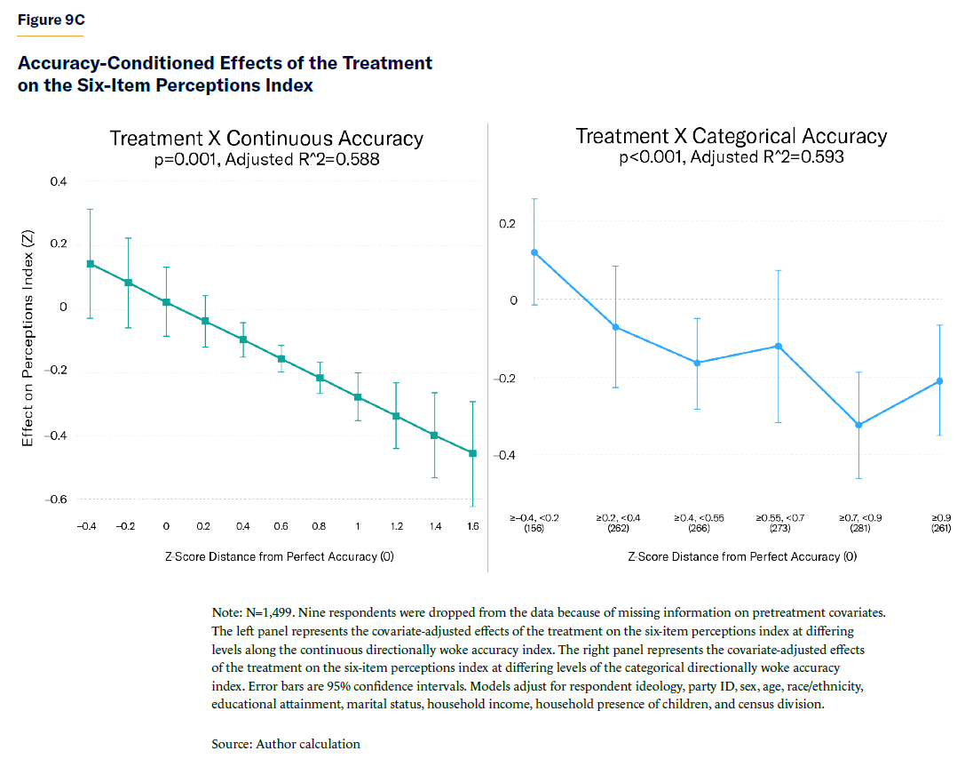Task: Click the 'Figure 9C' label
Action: point(51,20)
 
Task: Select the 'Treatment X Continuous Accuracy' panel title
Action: point(266,139)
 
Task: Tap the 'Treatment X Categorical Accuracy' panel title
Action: point(731,136)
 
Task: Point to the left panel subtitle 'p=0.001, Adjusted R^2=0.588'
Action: point(266,160)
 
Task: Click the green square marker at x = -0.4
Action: point(90,264)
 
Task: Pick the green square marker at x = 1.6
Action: point(472,453)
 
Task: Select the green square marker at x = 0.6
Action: point(281,359)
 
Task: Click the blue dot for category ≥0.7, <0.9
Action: point(858,425)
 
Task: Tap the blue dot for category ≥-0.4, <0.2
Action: point(534,252)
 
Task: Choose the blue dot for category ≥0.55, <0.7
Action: point(778,346)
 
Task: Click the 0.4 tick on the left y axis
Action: point(58,181)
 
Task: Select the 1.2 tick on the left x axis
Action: point(396,527)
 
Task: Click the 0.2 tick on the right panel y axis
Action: point(507,223)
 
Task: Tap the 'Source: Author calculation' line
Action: point(285,744)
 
